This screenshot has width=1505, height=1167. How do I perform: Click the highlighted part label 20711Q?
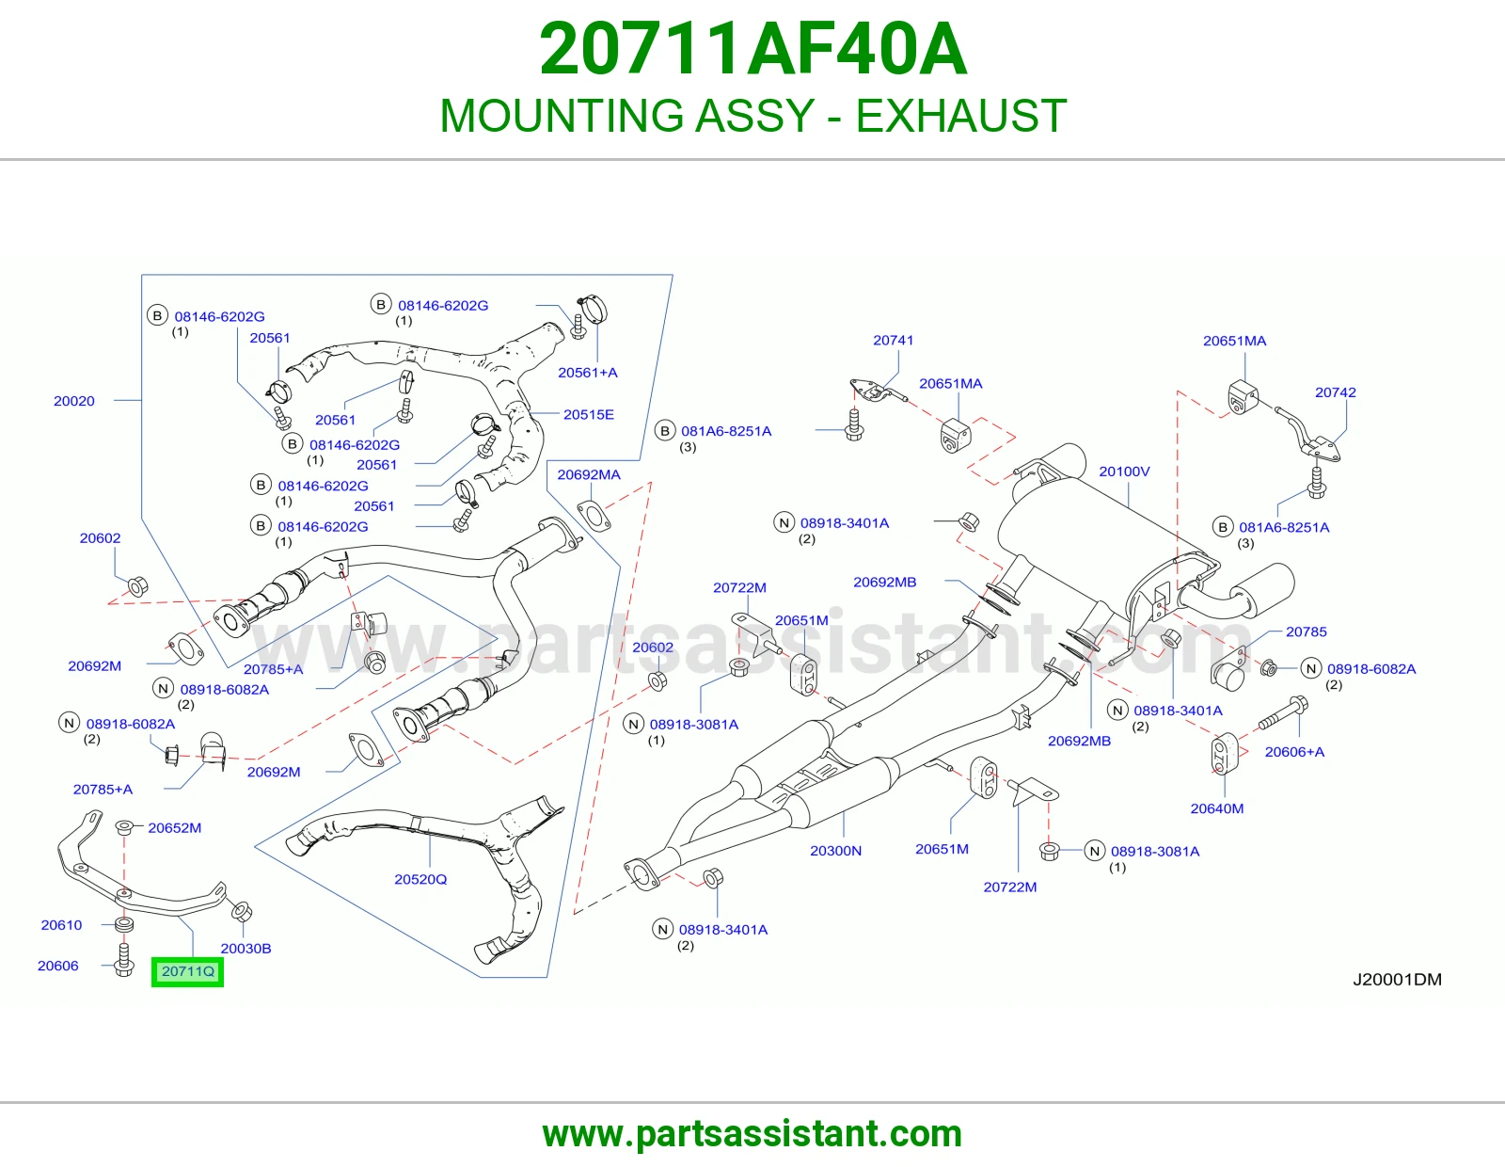[x=188, y=971]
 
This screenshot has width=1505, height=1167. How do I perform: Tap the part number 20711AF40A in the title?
[x=752, y=49]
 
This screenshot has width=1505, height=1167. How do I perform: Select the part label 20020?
[x=74, y=401]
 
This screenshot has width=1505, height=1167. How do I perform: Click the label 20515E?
[x=588, y=414]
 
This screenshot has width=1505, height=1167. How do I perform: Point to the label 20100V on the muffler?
[x=1124, y=472]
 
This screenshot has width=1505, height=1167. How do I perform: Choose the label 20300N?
[x=836, y=850]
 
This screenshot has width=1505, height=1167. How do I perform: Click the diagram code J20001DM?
[x=1397, y=979]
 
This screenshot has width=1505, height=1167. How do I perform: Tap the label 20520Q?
[x=420, y=879]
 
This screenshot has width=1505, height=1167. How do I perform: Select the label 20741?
[x=893, y=341]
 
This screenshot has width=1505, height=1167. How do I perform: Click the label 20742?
[x=1336, y=392]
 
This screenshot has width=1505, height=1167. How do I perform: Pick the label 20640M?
[x=1217, y=808]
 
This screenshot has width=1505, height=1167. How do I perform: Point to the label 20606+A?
[x=1294, y=752]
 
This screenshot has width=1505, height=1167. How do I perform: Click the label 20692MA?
[x=589, y=474]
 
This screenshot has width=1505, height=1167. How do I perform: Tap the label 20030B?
[x=246, y=948]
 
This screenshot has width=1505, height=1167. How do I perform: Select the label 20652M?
[x=175, y=827]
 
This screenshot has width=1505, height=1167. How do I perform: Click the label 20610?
[x=61, y=924]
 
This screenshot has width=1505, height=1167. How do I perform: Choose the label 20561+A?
[x=587, y=372]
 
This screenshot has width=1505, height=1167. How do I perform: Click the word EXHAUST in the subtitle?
[x=960, y=116]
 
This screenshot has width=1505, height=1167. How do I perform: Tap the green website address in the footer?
[x=752, y=1134]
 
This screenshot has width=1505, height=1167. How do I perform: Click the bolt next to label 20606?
[x=123, y=959]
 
